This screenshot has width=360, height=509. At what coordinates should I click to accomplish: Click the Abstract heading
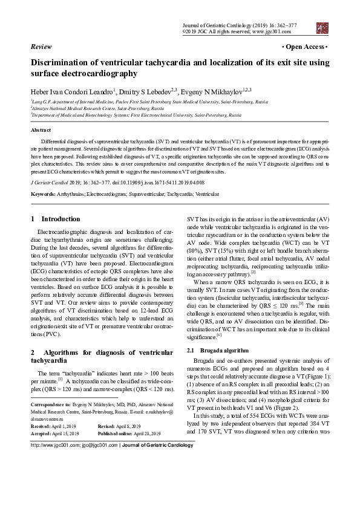pyautogui.click(x=41, y=130)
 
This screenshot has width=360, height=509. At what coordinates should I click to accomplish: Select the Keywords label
pyautogui.click(x=44, y=193)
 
